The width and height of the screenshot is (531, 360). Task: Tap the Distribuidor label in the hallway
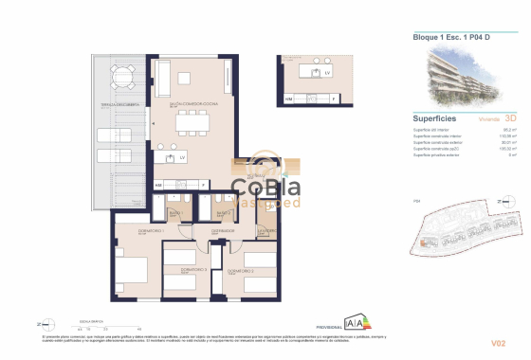(223, 228)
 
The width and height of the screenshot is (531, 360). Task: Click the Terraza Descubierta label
(121, 103)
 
